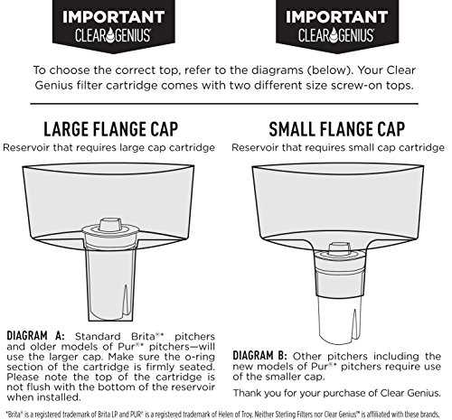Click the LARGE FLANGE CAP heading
[x=111, y=129]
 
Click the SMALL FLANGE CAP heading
[x=337, y=129]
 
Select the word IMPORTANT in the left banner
[x=114, y=17]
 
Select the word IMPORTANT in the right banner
[x=337, y=17]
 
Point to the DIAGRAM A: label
[x=35, y=336]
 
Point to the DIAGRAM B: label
[x=259, y=356]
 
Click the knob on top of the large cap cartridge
[x=110, y=225]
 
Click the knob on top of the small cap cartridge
[x=340, y=248]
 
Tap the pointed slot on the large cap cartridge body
[x=126, y=300]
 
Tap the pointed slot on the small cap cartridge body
[x=355, y=323]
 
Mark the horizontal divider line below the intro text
[x=224, y=104]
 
